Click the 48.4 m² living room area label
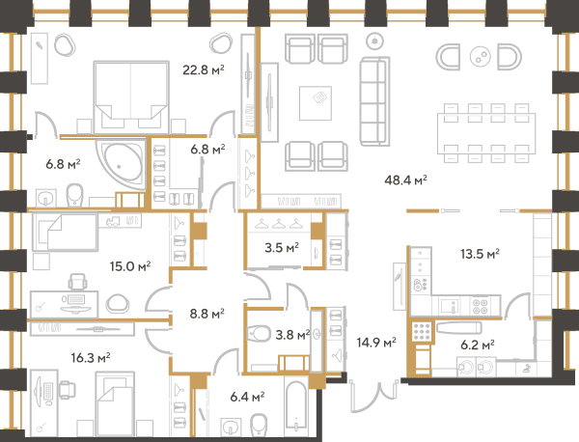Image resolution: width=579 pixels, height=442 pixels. pyautogui.click(x=406, y=180)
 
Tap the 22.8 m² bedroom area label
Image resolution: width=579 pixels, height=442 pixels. pyautogui.click(x=204, y=69)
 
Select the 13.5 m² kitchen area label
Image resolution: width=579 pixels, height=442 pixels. pyautogui.click(x=480, y=254)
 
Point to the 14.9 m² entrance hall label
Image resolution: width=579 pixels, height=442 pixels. pyautogui.click(x=376, y=343)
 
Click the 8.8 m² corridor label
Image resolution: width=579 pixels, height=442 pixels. pyautogui.click(x=207, y=314)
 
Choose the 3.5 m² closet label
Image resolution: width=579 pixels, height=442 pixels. pyautogui.click(x=282, y=247)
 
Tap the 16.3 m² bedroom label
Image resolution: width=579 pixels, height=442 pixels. pyautogui.click(x=91, y=358)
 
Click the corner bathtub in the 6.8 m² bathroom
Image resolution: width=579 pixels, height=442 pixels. pyautogui.click(x=122, y=164)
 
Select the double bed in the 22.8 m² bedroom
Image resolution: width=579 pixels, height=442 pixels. pyautogui.click(x=131, y=97)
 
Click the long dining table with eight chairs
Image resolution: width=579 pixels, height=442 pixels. pyautogui.click(x=486, y=133)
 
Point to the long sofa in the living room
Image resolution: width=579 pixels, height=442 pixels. pyautogui.click(x=374, y=101)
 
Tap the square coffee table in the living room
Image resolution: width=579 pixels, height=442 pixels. pyautogui.click(x=316, y=103)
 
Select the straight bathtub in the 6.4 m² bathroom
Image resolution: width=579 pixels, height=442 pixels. pyautogui.click(x=296, y=407)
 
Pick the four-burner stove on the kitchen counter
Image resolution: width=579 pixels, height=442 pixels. pyautogui.click(x=480, y=306)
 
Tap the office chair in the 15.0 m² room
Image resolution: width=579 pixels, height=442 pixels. pyautogui.click(x=77, y=282)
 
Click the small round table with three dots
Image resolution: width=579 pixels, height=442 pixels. pyautogui.click(x=480, y=57)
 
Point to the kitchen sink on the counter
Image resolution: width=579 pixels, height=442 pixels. pyautogui.click(x=450, y=306)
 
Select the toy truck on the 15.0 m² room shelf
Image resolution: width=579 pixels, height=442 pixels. pyautogui.click(x=113, y=221)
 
